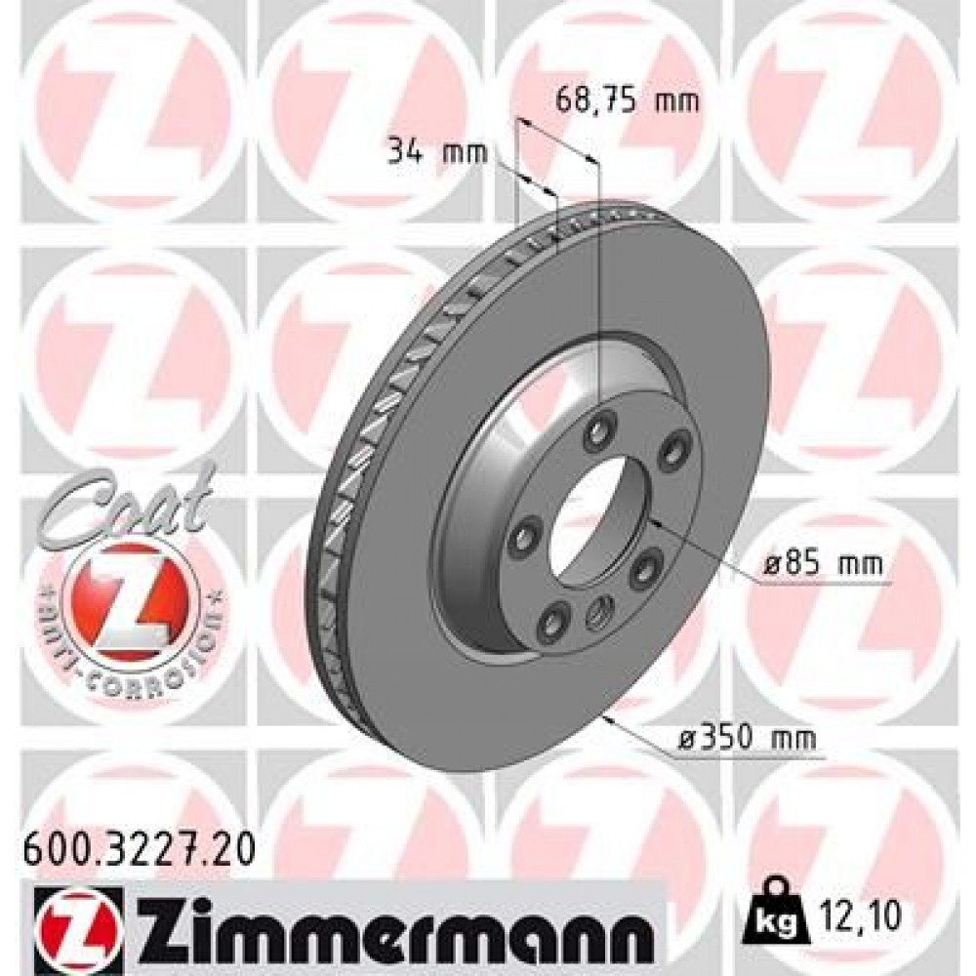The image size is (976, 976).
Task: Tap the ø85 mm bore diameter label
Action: point(825,564)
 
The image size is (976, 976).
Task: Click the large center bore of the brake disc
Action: point(590,516)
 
